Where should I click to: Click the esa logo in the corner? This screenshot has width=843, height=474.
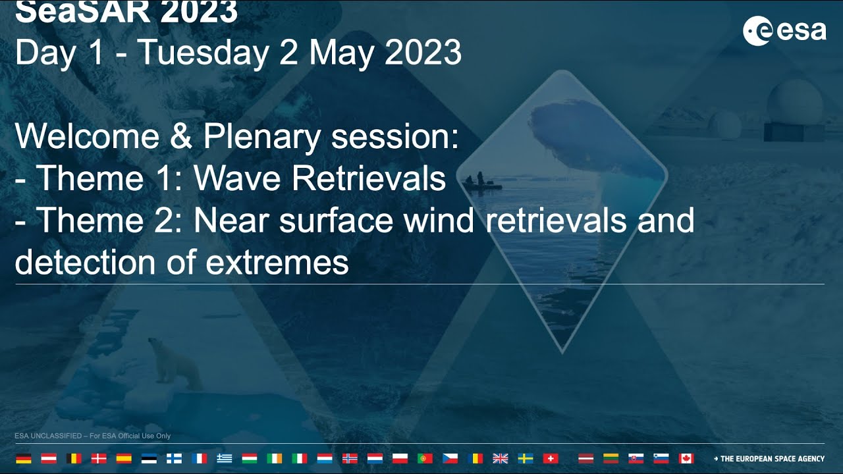pos(784,31)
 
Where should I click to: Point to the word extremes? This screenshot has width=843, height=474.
pos(277,263)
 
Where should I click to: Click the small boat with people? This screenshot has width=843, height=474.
pos(481,182)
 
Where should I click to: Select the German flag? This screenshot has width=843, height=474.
pos(23,459)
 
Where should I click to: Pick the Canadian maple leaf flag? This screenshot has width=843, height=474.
pos(686,459)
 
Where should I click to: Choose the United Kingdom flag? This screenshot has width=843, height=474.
pos(501,459)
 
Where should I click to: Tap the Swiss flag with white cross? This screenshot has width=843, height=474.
pos(551,459)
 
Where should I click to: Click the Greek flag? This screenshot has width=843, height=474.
pos(225,459)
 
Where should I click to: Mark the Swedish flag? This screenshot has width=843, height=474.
pos(526,459)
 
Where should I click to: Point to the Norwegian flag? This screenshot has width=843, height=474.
pos(350,459)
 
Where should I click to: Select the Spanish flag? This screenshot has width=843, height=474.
pos(124,459)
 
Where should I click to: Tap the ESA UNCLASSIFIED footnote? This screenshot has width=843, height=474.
pos(92,436)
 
